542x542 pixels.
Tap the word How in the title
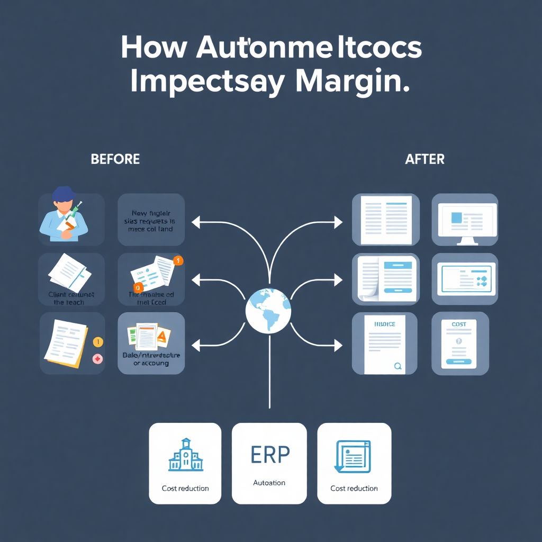[x=153, y=48]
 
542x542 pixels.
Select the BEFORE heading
[x=115, y=159]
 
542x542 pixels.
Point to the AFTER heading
[x=424, y=159]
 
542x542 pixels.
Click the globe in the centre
[x=268, y=311]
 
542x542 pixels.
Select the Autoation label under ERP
[x=269, y=483]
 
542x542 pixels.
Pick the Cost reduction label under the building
[x=185, y=488]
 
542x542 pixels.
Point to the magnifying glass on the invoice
[x=398, y=365]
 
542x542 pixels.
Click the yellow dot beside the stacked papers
[x=97, y=342]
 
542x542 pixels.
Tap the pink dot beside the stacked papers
[x=97, y=359]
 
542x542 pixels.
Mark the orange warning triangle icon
[x=162, y=335]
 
